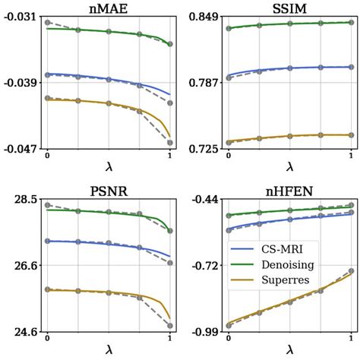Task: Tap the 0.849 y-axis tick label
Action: click(x=202, y=17)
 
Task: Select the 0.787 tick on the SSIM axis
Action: click(x=202, y=83)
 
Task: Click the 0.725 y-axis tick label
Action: click(x=202, y=150)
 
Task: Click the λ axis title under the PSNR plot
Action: click(x=109, y=352)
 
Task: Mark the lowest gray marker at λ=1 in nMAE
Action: click(x=169, y=143)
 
